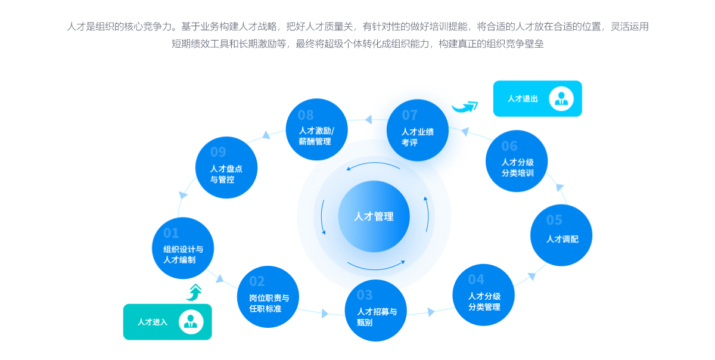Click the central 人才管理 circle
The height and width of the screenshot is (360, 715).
click(374, 216)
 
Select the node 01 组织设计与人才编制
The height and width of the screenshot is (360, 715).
click(183, 248)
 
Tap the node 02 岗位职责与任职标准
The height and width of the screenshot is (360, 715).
click(268, 297)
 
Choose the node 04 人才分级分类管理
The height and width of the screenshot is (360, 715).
click(483, 294)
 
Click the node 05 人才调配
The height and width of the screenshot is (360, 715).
click(561, 235)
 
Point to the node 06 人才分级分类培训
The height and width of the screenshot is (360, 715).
click(517, 162)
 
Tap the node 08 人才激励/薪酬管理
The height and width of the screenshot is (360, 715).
click(315, 130)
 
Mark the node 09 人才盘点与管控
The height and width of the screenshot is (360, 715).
click(226, 167)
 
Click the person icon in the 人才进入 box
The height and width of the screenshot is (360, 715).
click(191, 322)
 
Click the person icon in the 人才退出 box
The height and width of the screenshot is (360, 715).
click(561, 98)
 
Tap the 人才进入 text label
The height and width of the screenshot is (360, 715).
click(153, 322)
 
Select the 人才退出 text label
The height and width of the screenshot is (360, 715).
click(523, 99)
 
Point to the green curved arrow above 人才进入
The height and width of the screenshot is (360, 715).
click(194, 291)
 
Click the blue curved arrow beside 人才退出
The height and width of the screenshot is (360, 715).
click(465, 107)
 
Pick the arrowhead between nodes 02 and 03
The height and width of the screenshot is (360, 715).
click(325, 313)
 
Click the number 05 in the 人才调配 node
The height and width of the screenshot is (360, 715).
click(554, 220)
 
